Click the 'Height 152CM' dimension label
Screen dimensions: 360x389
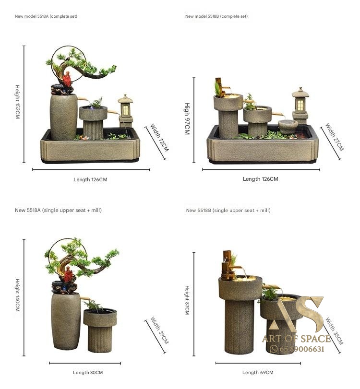[17, 102]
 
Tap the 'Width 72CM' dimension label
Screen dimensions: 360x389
[159, 138]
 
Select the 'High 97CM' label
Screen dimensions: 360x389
[187, 119]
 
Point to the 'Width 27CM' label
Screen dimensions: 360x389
[335, 137]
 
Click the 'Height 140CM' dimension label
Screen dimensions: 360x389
[17, 295]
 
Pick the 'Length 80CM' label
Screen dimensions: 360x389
[88, 372]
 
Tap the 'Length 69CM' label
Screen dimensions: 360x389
[258, 372]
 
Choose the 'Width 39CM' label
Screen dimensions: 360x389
[159, 330]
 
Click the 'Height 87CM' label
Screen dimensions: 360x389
[187, 300]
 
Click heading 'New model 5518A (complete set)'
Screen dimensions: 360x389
[46, 16]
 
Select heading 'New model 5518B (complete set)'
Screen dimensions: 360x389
[216, 16]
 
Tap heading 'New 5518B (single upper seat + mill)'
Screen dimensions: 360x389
[228, 211]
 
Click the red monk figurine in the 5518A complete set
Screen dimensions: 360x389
[67, 79]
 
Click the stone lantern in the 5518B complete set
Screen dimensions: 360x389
[300, 106]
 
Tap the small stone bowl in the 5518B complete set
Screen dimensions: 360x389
[288, 126]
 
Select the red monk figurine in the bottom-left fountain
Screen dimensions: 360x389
[68, 275]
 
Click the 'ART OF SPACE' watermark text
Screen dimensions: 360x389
[297, 339]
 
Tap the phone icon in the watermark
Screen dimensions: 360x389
[273, 349]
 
